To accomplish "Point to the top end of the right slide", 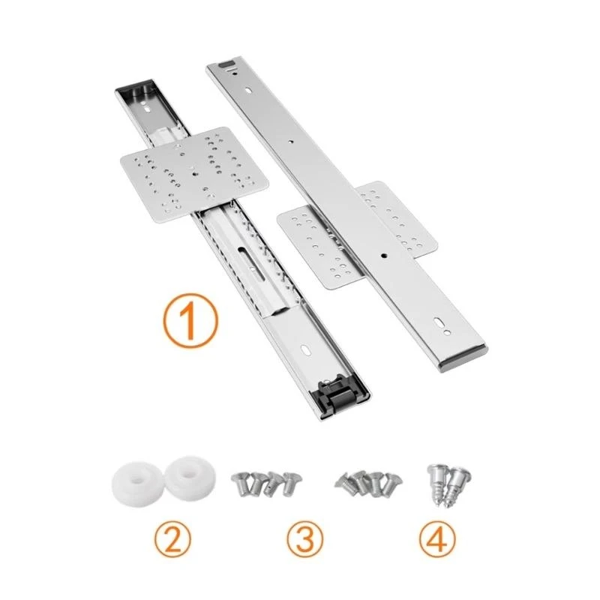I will (x=225, y=63).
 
